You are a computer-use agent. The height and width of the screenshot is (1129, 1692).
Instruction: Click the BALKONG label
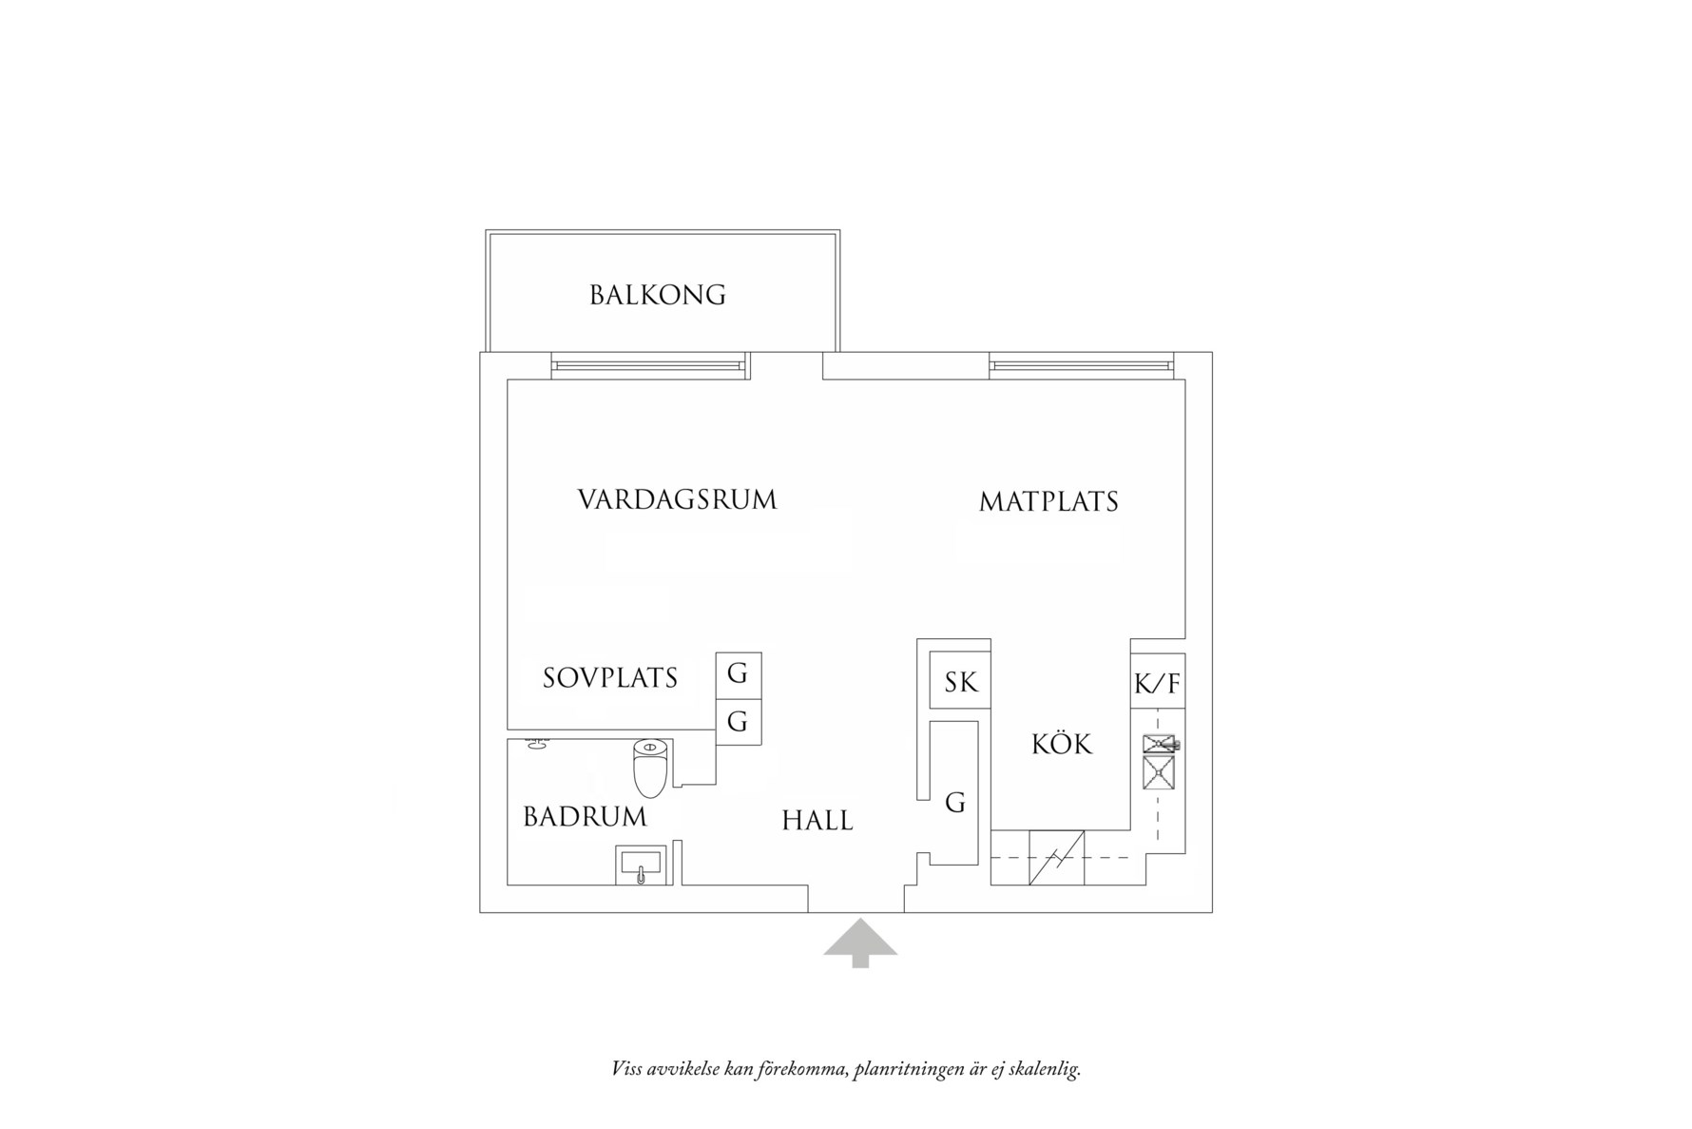(658, 295)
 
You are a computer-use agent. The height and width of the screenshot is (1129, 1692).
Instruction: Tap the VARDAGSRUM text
(677, 500)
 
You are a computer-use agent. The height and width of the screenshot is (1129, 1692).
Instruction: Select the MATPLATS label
(1048, 502)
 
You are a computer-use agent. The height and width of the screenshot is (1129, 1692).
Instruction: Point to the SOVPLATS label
(610, 678)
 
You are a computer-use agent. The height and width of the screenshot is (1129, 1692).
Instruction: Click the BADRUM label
(585, 817)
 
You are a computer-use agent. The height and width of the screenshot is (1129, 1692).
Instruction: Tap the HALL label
(817, 821)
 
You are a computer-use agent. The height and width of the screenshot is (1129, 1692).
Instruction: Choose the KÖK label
(1062, 745)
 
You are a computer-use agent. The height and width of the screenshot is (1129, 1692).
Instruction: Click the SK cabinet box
(960, 682)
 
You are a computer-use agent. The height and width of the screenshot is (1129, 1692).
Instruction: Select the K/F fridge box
(1157, 684)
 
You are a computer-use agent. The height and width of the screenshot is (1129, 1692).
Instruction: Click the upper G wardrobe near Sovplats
(738, 674)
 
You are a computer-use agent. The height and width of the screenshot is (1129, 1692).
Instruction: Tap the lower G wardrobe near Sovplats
(738, 722)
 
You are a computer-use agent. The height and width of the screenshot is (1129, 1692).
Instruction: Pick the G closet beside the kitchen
(954, 803)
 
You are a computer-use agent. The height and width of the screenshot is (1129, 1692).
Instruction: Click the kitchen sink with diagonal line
(1056, 857)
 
